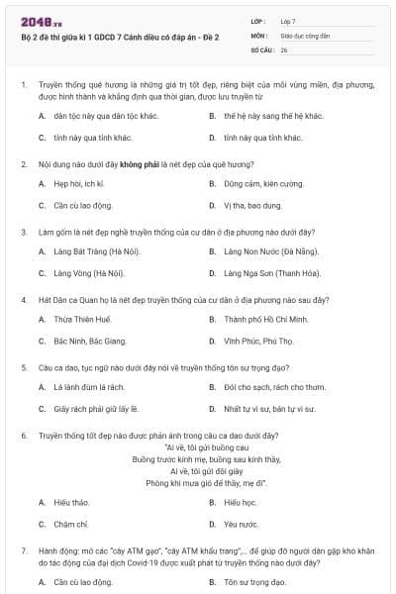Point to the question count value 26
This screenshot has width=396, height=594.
coord(284,49)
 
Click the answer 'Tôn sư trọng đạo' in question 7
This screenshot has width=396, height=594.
coord(253,583)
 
